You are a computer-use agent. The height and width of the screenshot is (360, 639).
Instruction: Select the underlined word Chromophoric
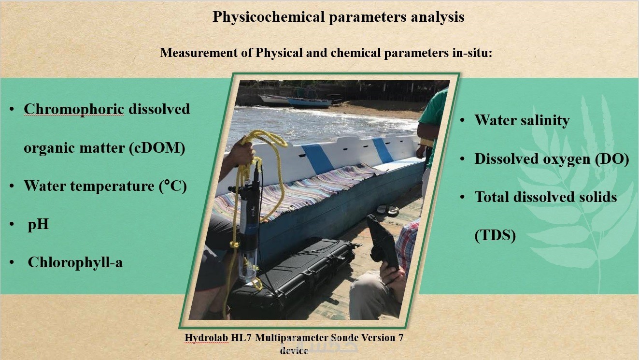[x=74, y=109]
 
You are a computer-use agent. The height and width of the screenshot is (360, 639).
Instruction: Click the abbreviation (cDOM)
[x=157, y=148]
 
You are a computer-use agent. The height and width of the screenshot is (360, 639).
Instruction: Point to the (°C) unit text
[x=173, y=186]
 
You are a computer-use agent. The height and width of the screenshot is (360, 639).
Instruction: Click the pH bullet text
[x=38, y=225]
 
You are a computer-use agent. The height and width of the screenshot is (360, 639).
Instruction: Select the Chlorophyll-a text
[x=75, y=262]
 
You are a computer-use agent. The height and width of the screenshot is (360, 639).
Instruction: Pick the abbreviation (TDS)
[x=495, y=235]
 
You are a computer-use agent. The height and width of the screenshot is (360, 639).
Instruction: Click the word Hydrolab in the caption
[x=207, y=338]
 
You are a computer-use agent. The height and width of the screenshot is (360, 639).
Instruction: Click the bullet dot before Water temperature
[x=12, y=186]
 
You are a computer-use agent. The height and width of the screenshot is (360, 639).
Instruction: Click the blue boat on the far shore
[x=310, y=102]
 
